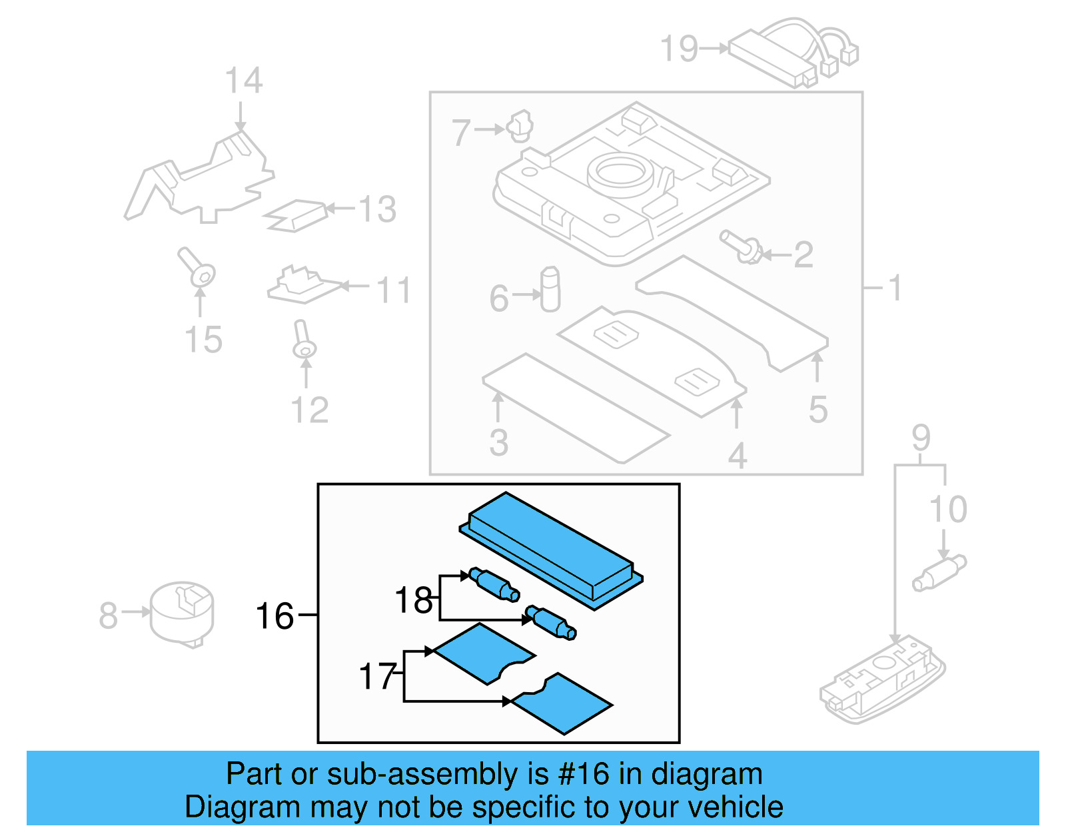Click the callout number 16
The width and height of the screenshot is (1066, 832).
coord(274,616)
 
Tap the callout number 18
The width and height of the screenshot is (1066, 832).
coord(413,600)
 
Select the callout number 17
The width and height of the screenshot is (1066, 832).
coord(378,676)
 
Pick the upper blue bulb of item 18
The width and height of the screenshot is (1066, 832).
coord(494,584)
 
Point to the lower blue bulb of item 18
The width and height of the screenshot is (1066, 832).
coord(550,622)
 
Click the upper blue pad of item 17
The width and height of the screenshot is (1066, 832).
coord(483,653)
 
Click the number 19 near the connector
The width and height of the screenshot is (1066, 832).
coord(678,49)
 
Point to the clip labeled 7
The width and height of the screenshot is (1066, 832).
coord(520,126)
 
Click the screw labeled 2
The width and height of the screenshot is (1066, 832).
coord(741,247)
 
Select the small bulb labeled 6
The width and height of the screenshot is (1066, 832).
coord(550,290)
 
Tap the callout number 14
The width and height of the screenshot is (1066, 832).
coord(243,81)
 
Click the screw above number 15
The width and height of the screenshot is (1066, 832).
coord(196,267)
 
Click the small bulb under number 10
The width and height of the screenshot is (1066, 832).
coord(939,574)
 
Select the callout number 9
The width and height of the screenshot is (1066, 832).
coord(921,438)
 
